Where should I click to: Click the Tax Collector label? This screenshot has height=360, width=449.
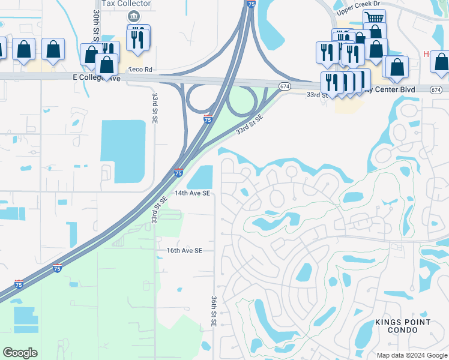(126, 4)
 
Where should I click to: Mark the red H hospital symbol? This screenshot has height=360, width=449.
(426, 54)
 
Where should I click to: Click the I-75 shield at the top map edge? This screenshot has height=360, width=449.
(250, 4)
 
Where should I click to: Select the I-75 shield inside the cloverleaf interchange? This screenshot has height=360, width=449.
(208, 119)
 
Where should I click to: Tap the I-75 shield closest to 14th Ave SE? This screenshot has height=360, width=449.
(179, 173)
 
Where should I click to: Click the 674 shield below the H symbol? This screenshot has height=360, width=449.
(436, 89)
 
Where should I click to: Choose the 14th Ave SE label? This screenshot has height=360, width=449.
(192, 193)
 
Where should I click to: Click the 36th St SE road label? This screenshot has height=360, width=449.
(214, 310)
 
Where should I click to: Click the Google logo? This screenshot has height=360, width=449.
(20, 353)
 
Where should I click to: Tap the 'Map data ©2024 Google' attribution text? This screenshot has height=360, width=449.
(411, 355)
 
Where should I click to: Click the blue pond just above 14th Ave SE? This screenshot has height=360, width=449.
(201, 176)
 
